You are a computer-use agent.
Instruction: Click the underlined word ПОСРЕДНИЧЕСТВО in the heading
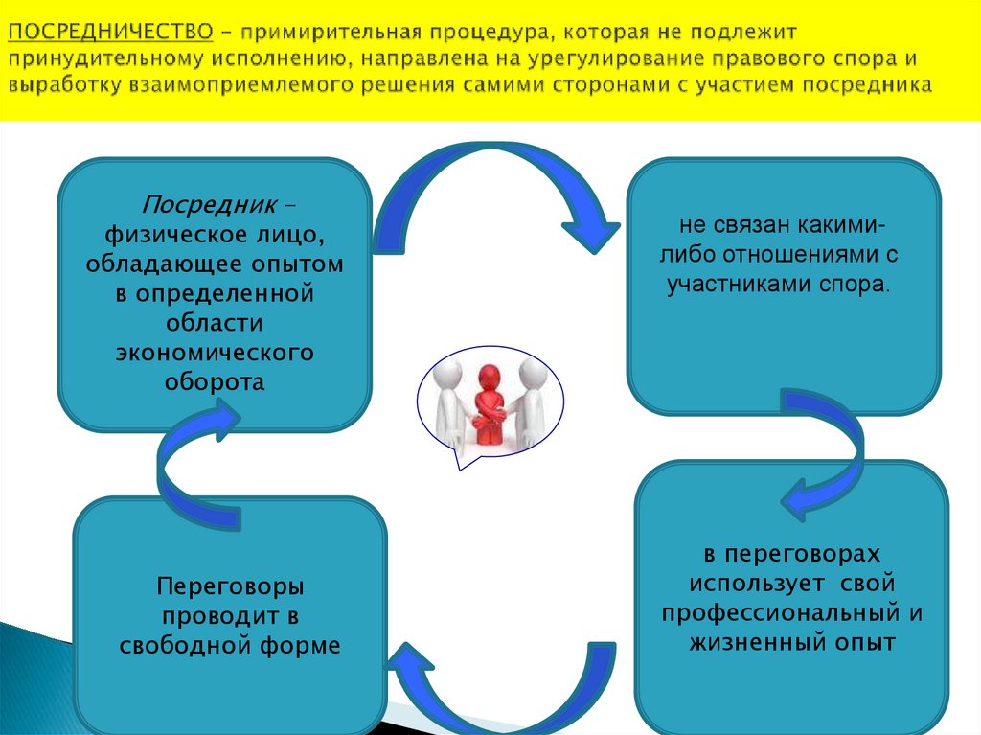tap(110, 32)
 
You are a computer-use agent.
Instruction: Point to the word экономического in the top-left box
tap(215, 352)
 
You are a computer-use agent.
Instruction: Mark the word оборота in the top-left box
tap(215, 381)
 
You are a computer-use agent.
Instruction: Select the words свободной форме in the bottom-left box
tap(230, 645)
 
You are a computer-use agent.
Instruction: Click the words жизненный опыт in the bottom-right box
tap(791, 642)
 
